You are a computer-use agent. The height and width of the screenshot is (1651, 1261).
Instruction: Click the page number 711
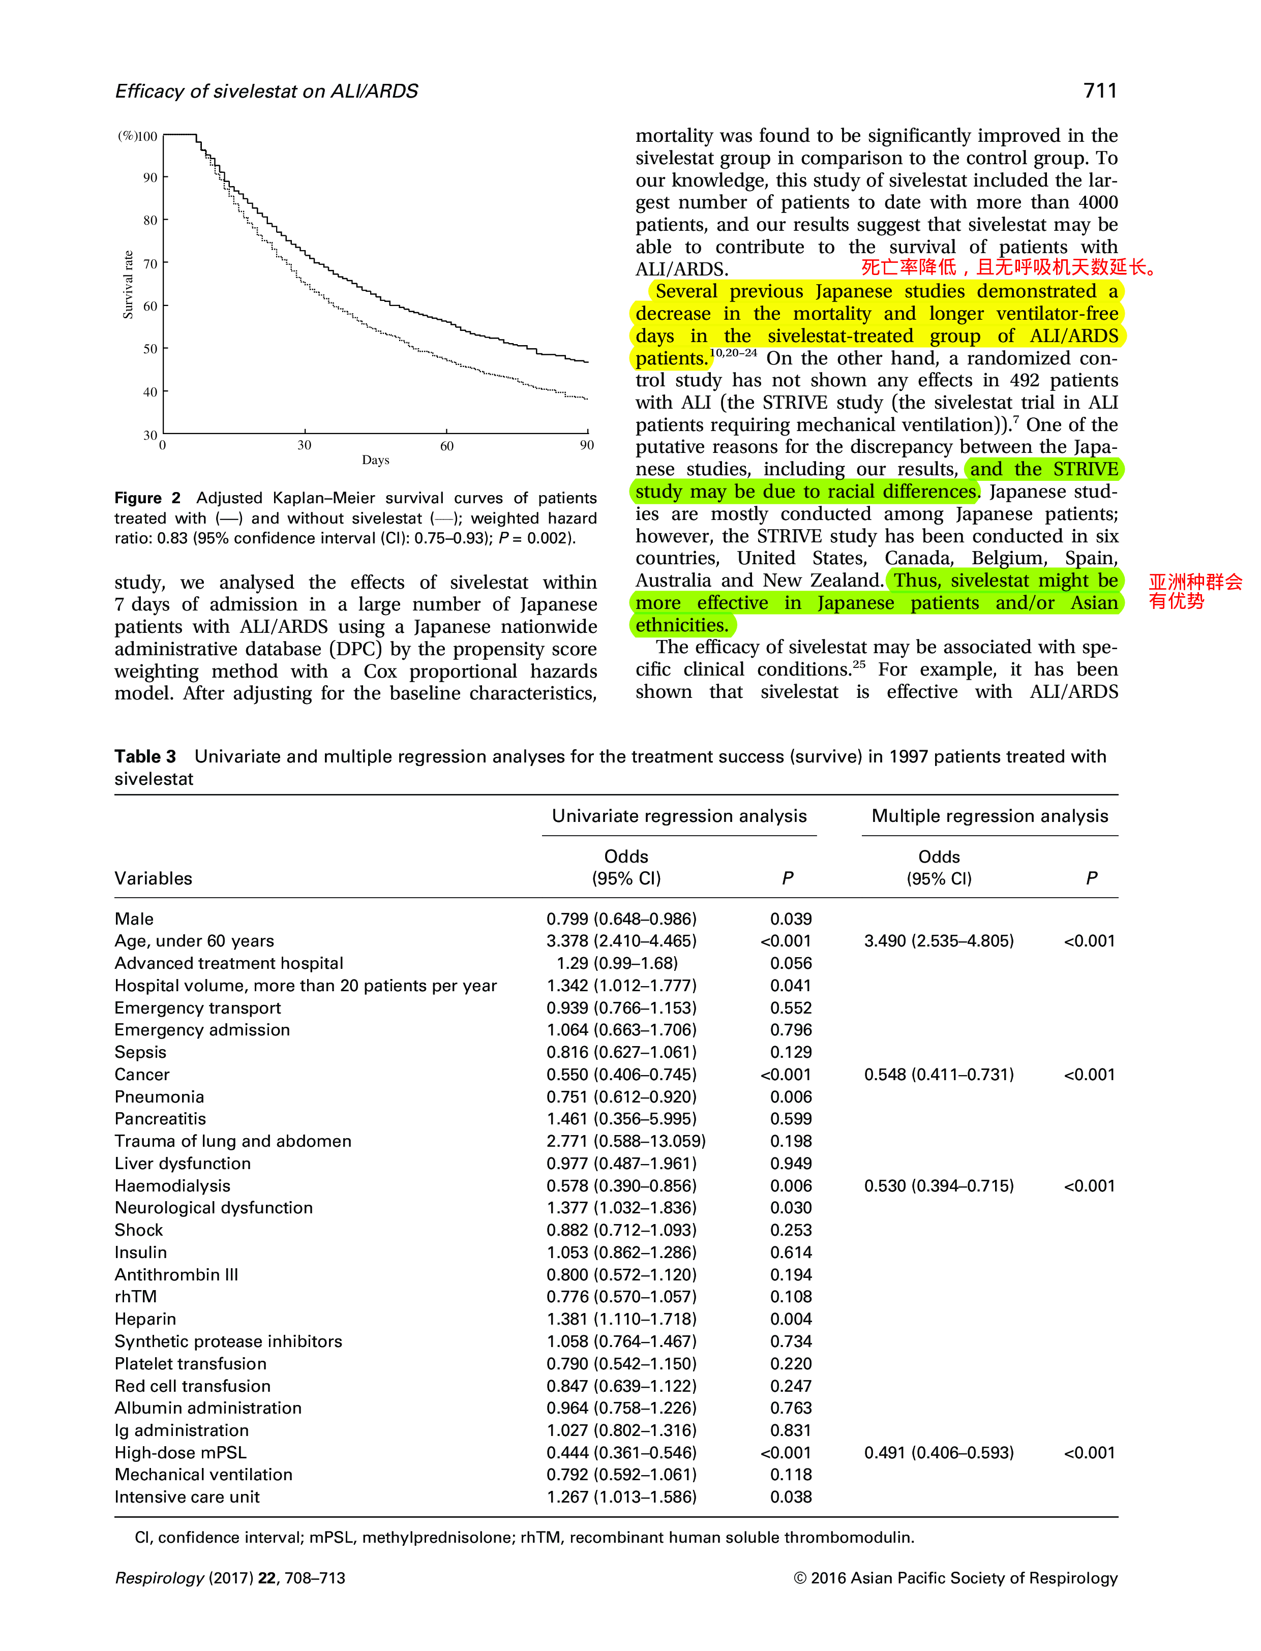(x=1100, y=91)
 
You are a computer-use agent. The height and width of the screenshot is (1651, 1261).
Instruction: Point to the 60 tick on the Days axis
(x=446, y=446)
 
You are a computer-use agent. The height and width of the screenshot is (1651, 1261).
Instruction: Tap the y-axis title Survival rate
(x=128, y=285)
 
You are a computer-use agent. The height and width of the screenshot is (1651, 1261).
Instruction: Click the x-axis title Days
(x=375, y=460)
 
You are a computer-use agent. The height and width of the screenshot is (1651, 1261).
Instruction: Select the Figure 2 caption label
(x=147, y=498)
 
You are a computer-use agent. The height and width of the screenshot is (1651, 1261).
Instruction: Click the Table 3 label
(x=145, y=756)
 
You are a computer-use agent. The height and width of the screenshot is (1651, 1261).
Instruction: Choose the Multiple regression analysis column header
(x=989, y=816)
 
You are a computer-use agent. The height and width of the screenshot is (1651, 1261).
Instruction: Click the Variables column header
(x=153, y=879)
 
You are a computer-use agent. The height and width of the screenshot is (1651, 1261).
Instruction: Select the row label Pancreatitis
(x=160, y=1119)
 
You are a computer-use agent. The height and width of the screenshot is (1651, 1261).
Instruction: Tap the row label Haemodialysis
(x=172, y=1186)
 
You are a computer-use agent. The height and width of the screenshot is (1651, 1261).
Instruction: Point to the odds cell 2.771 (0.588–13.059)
(x=626, y=1142)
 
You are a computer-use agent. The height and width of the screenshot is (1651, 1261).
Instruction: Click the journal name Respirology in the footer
(x=159, y=1578)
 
